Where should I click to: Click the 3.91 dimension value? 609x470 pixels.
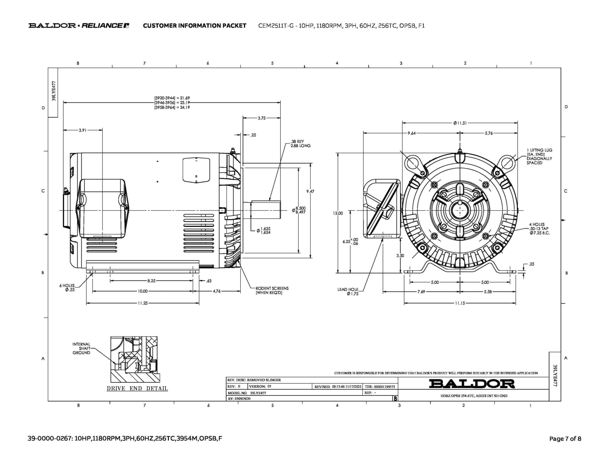[x=82, y=130]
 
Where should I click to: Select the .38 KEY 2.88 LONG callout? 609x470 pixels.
[x=300, y=144]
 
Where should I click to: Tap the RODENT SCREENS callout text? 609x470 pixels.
[x=272, y=291]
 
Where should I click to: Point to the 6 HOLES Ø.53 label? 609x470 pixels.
[x=67, y=288]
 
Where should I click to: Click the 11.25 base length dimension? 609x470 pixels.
[x=142, y=303]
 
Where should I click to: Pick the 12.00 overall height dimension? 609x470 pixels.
[x=338, y=213]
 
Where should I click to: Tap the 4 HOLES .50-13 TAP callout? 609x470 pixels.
[x=539, y=229]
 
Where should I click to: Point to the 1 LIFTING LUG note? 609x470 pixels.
[x=539, y=157]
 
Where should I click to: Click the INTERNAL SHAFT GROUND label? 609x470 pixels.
[x=81, y=348]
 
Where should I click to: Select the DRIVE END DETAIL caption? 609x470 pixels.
[x=137, y=389]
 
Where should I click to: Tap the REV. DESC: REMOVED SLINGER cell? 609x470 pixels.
[x=254, y=380]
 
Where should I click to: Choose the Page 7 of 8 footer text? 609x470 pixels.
[x=565, y=439]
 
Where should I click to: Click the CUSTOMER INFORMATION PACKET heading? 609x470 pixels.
[x=194, y=26]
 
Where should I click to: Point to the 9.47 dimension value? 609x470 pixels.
[x=310, y=192]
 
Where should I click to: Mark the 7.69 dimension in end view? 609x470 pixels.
[x=421, y=292]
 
